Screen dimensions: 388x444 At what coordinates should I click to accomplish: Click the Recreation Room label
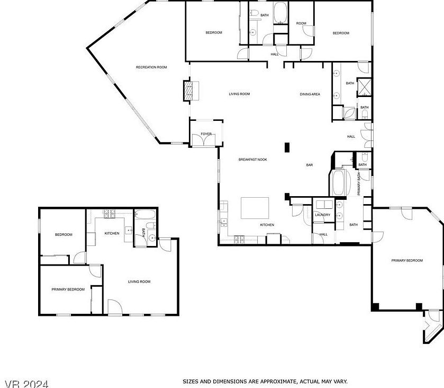(151, 67)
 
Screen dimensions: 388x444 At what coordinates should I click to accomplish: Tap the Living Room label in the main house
(239, 94)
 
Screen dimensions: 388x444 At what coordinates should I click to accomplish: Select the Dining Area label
(310, 94)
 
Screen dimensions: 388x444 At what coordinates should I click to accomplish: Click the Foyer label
(206, 134)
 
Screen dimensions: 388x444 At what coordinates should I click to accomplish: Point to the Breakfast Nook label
(252, 160)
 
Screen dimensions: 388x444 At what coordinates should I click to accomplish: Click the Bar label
(310, 165)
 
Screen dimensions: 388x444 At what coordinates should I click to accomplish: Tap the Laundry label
(322, 215)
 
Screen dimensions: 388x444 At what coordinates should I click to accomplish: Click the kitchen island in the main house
(255, 208)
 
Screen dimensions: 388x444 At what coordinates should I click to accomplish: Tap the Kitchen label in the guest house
(112, 233)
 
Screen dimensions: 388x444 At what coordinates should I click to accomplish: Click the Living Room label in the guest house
(139, 281)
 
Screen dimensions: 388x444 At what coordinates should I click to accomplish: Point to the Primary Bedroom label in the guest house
(68, 289)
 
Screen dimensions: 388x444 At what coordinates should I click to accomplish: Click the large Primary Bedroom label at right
(407, 260)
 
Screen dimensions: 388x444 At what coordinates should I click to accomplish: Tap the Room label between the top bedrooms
(301, 23)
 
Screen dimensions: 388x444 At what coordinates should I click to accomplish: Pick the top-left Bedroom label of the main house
(214, 33)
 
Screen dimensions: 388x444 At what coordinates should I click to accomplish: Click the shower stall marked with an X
(365, 86)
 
